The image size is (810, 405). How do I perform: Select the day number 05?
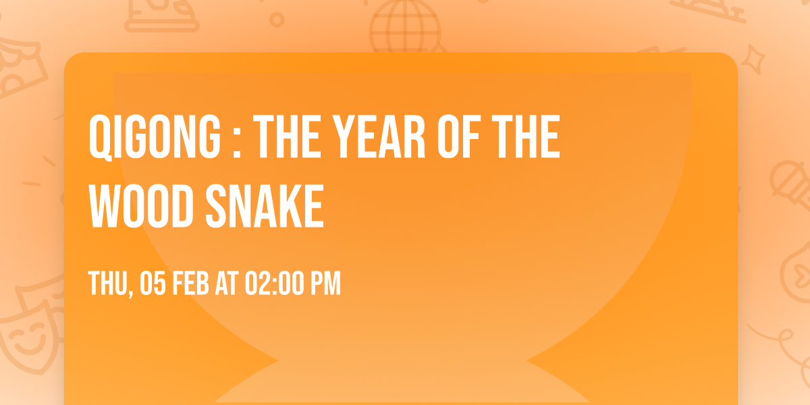(153, 283)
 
